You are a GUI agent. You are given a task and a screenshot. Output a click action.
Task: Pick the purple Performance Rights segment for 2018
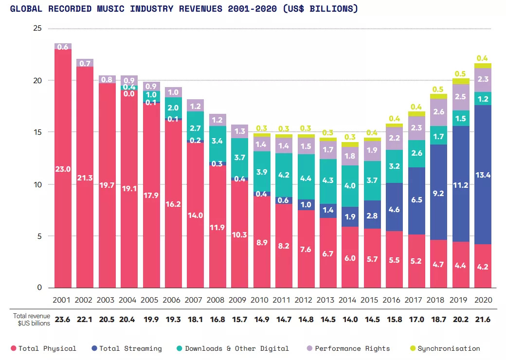pyautogui.click(x=438, y=112)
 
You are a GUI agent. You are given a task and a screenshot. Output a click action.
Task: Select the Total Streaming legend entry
pyautogui.click(x=126, y=348)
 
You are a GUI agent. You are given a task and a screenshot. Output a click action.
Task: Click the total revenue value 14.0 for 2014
pyautogui.click(x=350, y=320)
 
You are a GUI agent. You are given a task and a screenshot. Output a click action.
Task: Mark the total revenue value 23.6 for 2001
pyautogui.click(x=63, y=320)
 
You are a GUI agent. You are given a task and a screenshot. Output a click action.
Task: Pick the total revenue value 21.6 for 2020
pyautogui.click(x=483, y=320)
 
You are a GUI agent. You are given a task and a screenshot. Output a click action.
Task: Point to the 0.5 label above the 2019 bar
pyautogui.click(x=460, y=74)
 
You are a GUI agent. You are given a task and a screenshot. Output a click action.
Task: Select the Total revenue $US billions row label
pyautogui.click(x=31, y=320)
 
